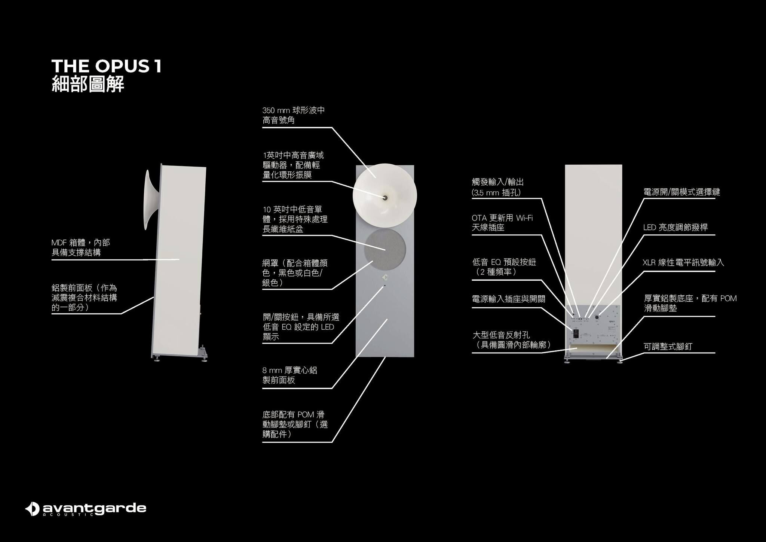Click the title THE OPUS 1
click(x=106, y=66)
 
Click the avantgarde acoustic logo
click(x=86, y=509)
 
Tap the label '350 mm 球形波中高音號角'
click(x=293, y=115)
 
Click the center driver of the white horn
click(x=384, y=197)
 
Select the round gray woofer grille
click(x=385, y=250)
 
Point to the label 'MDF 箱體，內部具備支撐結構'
click(x=81, y=247)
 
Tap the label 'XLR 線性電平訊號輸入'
click(x=683, y=262)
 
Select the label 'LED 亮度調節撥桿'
click(x=675, y=227)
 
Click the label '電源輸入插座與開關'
click(x=508, y=299)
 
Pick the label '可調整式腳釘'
click(x=668, y=346)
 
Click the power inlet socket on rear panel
click(x=576, y=333)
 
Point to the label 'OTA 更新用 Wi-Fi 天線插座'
click(x=502, y=222)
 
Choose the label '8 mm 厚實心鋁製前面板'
click(x=289, y=375)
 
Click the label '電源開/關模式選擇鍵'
click(x=681, y=192)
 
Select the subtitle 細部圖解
click(x=88, y=84)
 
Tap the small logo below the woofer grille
click(x=385, y=277)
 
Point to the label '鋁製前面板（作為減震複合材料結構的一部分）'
click(x=84, y=298)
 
